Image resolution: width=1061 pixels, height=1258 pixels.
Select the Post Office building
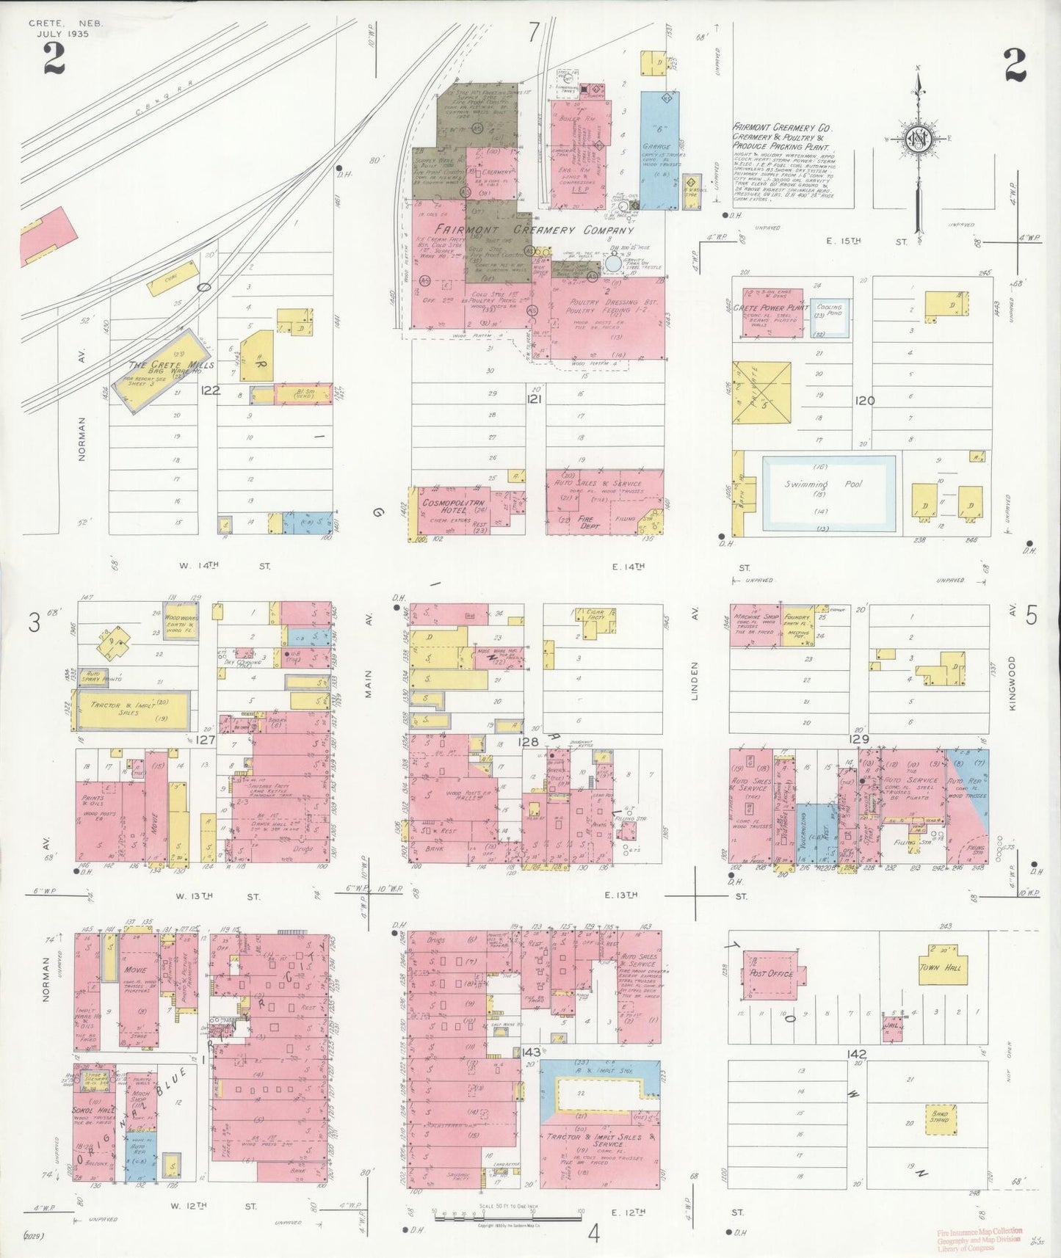tap(770, 973)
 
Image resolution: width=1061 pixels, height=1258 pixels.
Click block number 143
tap(532, 1052)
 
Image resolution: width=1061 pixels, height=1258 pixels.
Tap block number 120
tap(865, 401)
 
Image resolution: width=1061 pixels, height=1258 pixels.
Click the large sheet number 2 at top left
tap(54, 59)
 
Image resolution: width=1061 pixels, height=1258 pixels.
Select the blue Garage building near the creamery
tap(659, 150)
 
